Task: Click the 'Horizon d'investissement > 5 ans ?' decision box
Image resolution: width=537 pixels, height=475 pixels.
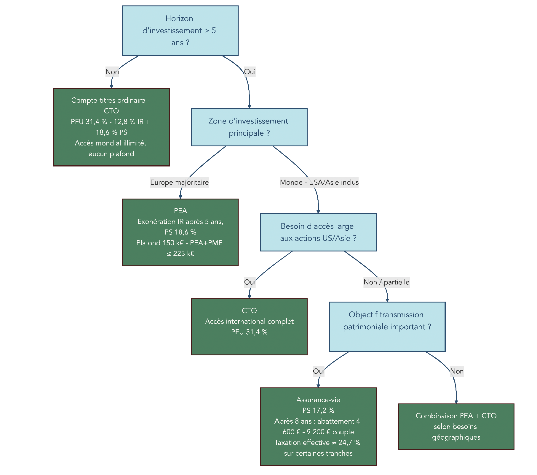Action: click(x=180, y=31)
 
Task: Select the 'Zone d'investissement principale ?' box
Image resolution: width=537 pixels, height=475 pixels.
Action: click(x=249, y=127)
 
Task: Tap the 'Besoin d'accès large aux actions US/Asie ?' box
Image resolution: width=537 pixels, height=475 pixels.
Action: click(x=318, y=232)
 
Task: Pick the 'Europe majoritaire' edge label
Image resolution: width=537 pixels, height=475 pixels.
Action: click(x=180, y=182)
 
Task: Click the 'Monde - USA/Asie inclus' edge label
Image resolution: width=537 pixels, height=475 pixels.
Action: click(x=319, y=182)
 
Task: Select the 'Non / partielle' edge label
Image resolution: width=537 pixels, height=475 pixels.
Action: click(x=386, y=282)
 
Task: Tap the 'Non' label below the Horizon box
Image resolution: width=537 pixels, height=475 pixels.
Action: click(x=112, y=72)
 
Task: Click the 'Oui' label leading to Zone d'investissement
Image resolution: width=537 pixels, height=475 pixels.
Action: click(x=250, y=72)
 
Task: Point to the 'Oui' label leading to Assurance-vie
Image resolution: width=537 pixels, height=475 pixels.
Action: click(x=319, y=371)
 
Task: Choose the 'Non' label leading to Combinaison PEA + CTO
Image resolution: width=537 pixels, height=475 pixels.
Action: click(x=457, y=371)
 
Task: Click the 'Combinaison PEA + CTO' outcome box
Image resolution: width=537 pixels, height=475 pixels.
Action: click(x=456, y=426)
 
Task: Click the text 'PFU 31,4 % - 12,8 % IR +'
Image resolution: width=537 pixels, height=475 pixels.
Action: click(x=110, y=122)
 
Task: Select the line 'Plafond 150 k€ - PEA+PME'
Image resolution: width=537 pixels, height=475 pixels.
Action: click(x=180, y=243)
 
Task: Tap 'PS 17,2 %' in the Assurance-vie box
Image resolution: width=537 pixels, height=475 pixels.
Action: click(x=318, y=411)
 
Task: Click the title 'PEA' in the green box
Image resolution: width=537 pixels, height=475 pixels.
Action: click(x=180, y=211)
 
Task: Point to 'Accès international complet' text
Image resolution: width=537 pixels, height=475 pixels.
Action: click(x=249, y=321)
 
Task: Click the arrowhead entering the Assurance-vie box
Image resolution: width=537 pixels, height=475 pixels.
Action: click(x=318, y=386)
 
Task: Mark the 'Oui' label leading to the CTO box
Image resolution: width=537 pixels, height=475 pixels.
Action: click(x=250, y=282)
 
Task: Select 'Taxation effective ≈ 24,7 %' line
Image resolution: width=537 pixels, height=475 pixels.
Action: click(x=317, y=443)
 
